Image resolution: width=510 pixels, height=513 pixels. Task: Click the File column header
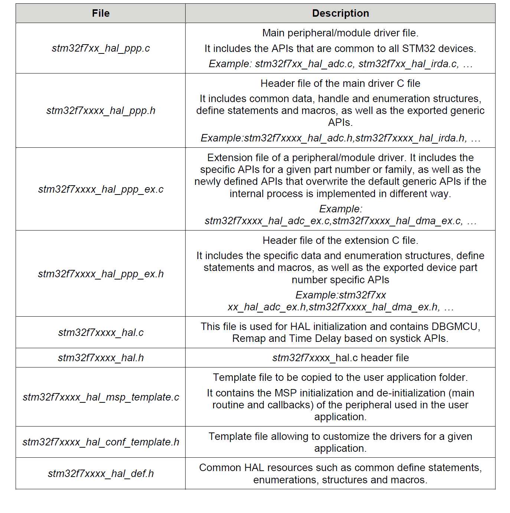pos(101,13)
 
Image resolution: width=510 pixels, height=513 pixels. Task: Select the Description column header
pos(340,13)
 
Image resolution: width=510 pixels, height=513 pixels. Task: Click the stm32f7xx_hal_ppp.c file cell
pos(101,48)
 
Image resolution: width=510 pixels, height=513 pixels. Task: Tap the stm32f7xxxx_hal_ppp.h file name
pos(101,111)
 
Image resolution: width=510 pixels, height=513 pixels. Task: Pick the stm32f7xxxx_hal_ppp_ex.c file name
pos(101,189)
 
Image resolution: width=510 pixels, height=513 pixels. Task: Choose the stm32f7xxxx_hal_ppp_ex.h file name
pos(101,274)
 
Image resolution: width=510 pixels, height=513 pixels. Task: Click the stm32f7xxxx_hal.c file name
pos(101,333)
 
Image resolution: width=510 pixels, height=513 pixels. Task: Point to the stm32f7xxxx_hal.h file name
pos(101,358)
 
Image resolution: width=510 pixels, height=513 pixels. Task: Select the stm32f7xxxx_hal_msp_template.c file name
pos(101,397)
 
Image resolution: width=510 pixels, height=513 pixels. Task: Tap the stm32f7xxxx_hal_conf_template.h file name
pos(101,442)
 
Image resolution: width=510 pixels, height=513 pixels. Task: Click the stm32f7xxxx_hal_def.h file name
pos(101,474)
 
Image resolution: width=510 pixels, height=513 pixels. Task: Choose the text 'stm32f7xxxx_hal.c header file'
pos(340,358)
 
